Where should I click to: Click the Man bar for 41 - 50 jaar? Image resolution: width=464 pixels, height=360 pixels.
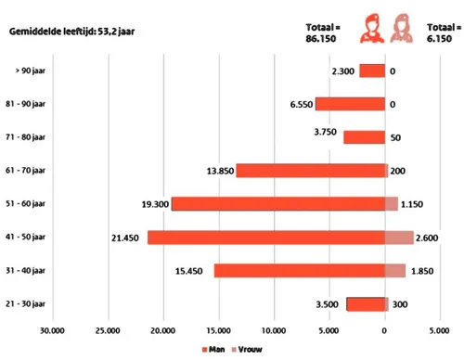pyautogui.click(x=266, y=238)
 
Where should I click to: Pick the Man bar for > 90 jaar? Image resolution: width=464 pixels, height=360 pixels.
pyautogui.click(x=372, y=71)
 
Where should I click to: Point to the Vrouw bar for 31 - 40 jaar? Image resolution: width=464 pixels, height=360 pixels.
pyautogui.click(x=395, y=271)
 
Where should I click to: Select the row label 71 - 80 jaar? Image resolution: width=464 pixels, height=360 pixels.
pyautogui.click(x=32, y=137)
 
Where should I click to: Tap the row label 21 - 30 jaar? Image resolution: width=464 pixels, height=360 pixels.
pyautogui.click(x=32, y=304)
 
